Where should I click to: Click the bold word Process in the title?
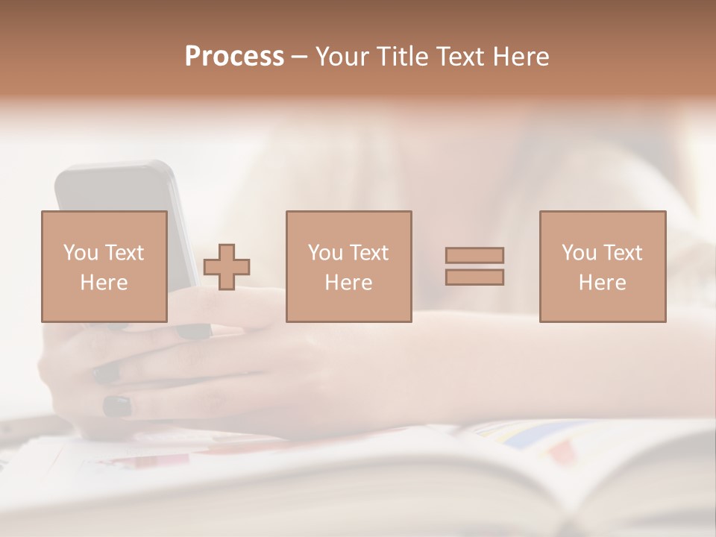point(234,57)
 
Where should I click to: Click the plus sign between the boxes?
point(227,267)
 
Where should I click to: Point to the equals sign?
point(474,266)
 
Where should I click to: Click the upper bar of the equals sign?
point(474,255)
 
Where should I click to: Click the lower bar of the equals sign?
point(474,277)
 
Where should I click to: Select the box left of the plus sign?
point(104,266)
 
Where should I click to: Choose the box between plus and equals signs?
point(348,266)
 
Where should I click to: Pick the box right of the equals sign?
point(602,266)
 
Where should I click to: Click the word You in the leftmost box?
point(81,253)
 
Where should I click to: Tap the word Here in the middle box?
point(348,283)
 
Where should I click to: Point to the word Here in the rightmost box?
point(602,283)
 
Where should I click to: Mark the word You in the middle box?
point(325,253)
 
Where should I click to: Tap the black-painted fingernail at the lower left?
point(117,406)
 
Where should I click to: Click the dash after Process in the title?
point(300,58)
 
